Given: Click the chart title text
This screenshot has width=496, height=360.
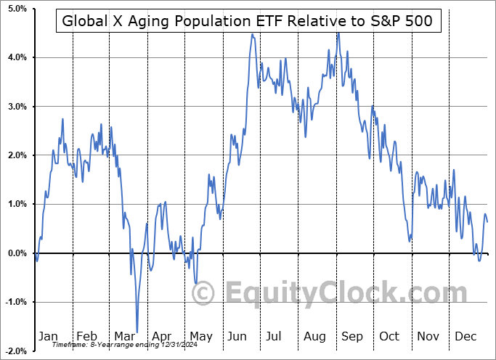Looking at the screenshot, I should click(x=248, y=20).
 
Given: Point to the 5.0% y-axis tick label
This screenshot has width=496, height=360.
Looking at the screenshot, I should click(x=17, y=9).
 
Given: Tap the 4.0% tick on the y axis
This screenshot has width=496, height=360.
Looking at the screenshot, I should click(x=17, y=57).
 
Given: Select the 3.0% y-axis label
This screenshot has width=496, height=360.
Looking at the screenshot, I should click(x=17, y=107).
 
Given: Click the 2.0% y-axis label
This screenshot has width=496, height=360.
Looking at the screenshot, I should click(x=17, y=155).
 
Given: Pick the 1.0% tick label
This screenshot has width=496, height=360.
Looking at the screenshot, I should click(x=17, y=204).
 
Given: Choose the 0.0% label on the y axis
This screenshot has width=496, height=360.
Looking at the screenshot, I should click(x=17, y=253).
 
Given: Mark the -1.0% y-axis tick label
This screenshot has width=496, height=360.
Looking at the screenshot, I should click(x=16, y=302).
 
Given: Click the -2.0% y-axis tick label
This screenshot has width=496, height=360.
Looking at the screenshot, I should click(x=16, y=351).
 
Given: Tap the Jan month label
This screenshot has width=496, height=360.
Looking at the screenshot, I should click(x=47, y=336).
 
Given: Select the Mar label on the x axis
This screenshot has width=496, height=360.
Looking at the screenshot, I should click(x=124, y=336).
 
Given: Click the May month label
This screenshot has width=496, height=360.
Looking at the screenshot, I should click(x=200, y=336).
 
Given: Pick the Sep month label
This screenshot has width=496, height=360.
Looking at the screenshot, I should click(x=353, y=336).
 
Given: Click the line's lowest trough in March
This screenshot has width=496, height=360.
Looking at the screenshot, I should click(x=137, y=332).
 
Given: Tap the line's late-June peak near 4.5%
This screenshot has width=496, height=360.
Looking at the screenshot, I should click(x=252, y=34).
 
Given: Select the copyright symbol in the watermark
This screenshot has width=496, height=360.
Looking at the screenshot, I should click(x=203, y=293).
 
